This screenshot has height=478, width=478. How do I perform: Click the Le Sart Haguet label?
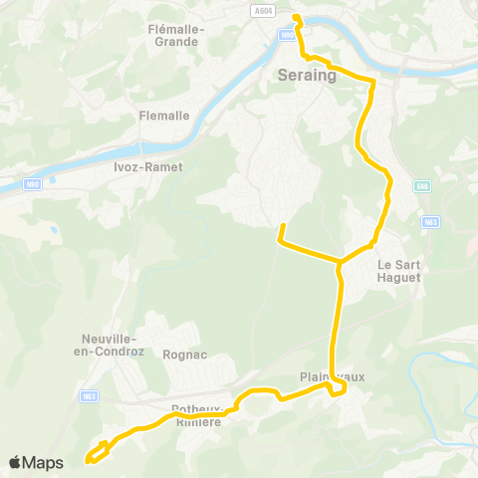pyautogui.click(x=399, y=271)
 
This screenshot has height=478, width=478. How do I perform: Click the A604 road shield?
pyautogui.click(x=263, y=11)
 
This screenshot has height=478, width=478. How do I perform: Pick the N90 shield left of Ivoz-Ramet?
pyautogui.click(x=33, y=185)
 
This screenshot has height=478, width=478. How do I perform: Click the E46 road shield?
pyautogui.click(x=422, y=185)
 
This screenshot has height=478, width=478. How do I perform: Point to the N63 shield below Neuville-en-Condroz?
pyautogui.click(x=88, y=396)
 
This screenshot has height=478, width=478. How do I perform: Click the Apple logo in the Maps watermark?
pyautogui.click(x=16, y=462)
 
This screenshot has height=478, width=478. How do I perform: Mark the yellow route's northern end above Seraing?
pyautogui.click(x=296, y=16)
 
